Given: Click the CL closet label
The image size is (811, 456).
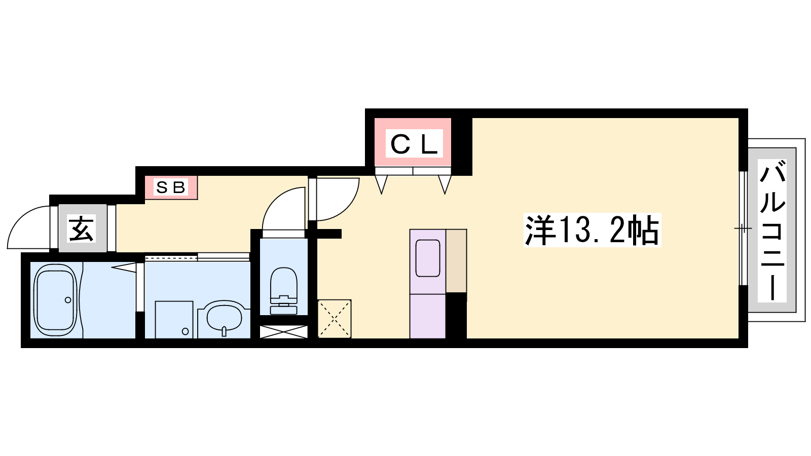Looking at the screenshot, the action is tap(414, 144).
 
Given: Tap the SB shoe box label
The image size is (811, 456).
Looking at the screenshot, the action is tap(170, 187).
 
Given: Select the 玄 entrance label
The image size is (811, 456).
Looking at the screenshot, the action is tap(82, 229).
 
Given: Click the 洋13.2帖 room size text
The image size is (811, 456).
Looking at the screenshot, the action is tap(592, 230).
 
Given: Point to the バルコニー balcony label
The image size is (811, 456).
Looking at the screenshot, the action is tap(772, 232).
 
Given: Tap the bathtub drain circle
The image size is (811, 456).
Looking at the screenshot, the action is tap(68, 299).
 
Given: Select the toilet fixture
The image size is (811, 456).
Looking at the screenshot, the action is tap(283, 291).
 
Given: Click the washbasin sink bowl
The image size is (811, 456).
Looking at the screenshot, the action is tap(224, 318).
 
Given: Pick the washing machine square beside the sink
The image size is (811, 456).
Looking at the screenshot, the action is tap(174, 320).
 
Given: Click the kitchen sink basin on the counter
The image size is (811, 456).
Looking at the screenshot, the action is tap(428, 258).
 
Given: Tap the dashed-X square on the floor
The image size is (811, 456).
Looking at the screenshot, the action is tap(334, 319).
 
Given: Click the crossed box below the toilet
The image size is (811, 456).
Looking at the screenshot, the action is tap(283, 332).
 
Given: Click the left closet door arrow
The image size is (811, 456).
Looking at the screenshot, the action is tap(381, 184).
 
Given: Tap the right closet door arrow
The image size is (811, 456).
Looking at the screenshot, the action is tap(445, 184).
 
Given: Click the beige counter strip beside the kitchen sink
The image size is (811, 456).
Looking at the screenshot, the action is tap(456, 260).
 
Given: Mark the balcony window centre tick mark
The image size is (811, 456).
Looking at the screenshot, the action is tap(743, 229).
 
